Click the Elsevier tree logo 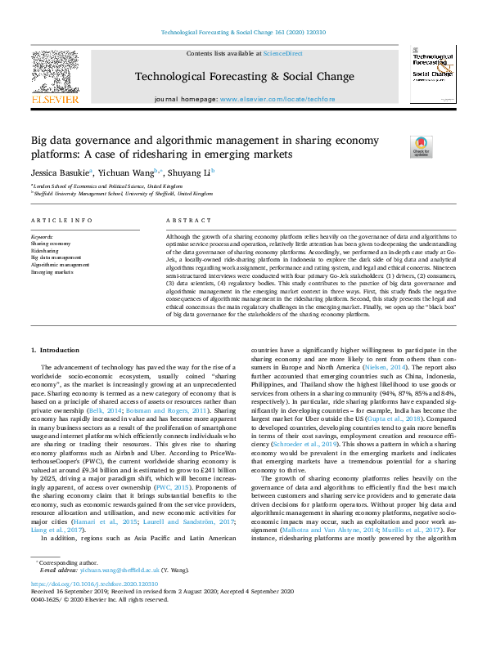point(55,72)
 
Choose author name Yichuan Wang point(126,172)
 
